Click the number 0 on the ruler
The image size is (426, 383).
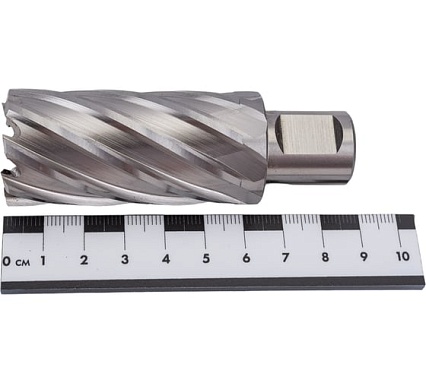click(6, 261)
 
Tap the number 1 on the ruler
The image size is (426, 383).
click(43, 260)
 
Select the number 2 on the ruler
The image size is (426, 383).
click(84, 260)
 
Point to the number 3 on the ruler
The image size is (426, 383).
click(125, 259)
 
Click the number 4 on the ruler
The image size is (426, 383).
click(166, 259)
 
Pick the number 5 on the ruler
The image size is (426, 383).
click(206, 258)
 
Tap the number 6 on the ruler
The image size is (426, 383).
click(246, 258)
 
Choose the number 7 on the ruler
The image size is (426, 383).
click(285, 257)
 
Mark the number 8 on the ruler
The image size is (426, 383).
click(325, 257)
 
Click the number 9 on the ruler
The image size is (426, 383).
click(364, 257)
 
